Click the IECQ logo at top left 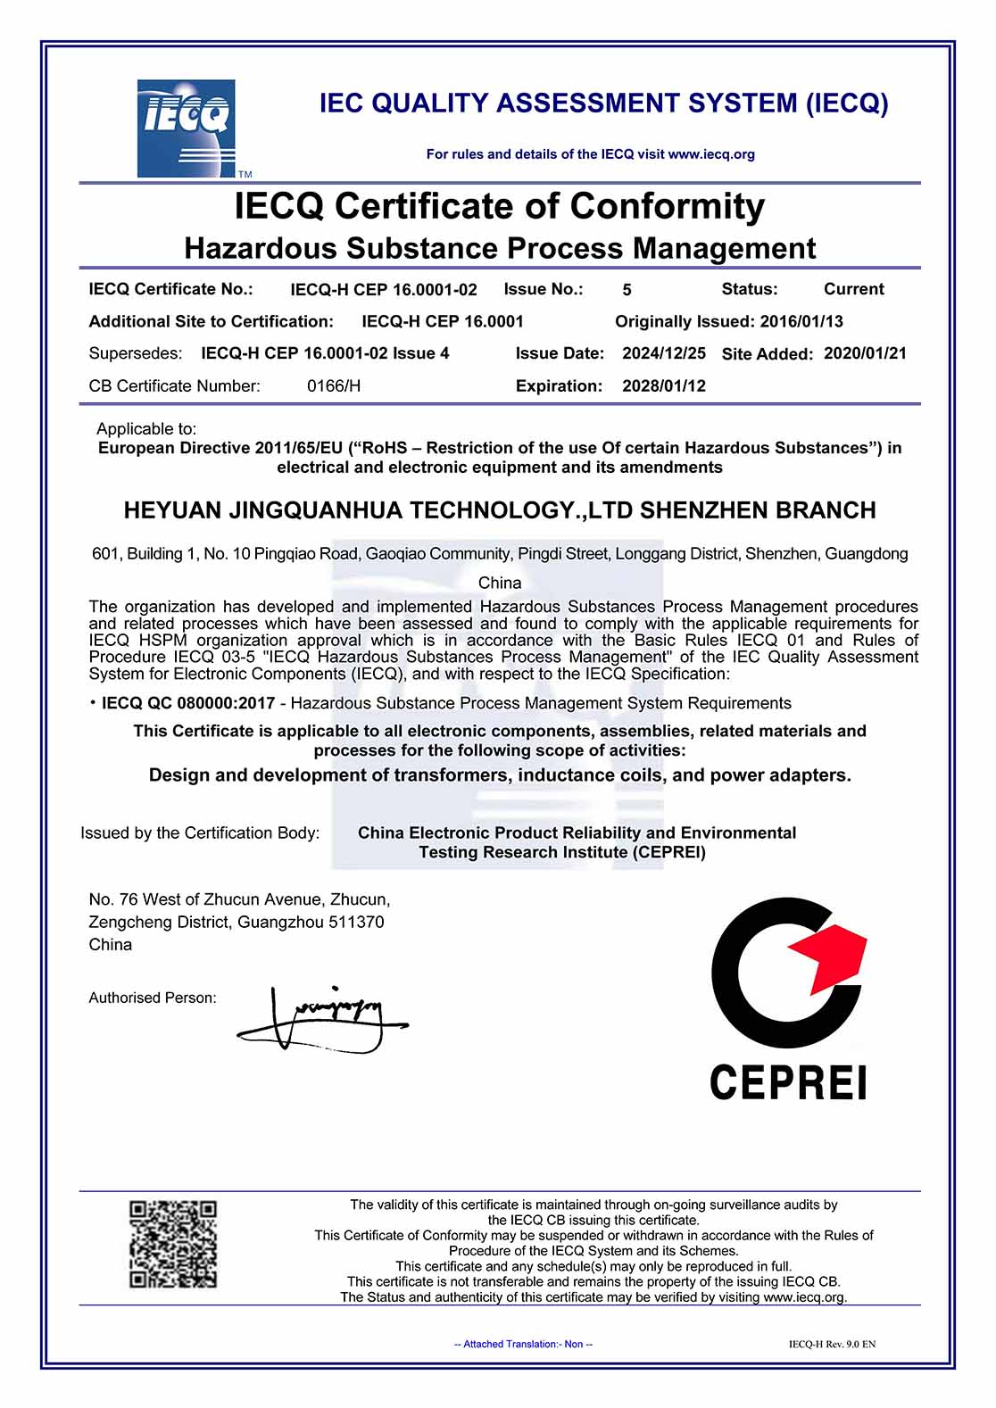[186, 128]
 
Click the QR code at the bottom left [173, 1244]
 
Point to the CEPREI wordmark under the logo [788, 1083]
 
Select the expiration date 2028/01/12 [664, 386]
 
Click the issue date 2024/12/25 [664, 353]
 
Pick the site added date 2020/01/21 [865, 353]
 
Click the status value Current [853, 289]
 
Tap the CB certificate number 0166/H [334, 386]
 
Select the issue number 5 [627, 290]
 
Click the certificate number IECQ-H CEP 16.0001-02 [384, 290]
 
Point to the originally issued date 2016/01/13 [801, 321]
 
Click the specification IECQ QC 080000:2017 [188, 703]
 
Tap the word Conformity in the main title [667, 206]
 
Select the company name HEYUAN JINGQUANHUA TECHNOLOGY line [500, 510]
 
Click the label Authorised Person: [153, 998]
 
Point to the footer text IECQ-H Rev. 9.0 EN [832, 1344]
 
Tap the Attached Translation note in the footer [523, 1344]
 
